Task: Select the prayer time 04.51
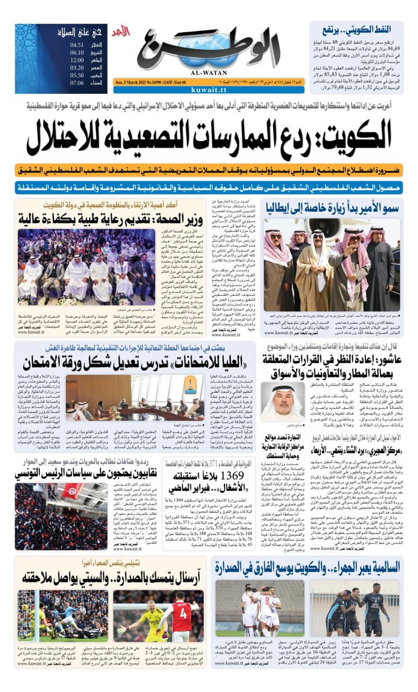pyautogui.click(x=77, y=44)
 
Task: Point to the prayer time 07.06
pyautogui.click(x=77, y=82)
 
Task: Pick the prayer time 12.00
pyautogui.click(x=77, y=59)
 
